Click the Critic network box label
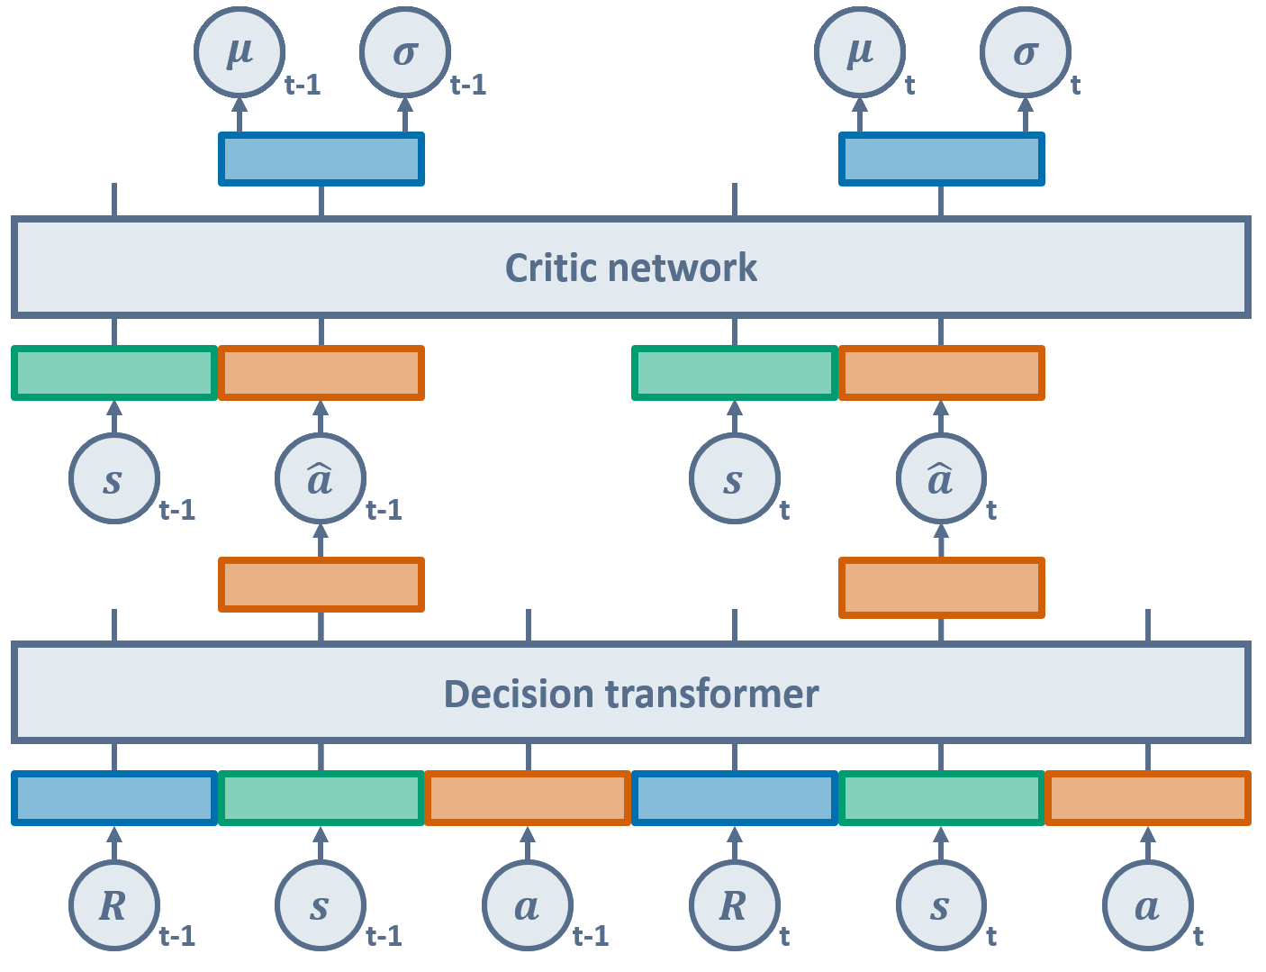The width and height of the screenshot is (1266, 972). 630,268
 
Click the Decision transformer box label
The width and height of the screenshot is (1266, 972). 630,695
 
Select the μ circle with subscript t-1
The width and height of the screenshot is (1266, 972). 240,52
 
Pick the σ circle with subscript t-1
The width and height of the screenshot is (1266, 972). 405,52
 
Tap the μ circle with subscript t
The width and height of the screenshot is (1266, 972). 860,52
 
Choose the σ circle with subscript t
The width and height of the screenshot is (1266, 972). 1026,52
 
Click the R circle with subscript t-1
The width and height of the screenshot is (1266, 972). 114,905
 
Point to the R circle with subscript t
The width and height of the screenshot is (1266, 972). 735,905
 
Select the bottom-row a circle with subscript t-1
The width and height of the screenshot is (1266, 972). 528,905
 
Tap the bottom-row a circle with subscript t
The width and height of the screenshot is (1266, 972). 1148,905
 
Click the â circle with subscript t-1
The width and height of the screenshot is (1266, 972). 321,478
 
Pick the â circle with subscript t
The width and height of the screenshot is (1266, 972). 941,478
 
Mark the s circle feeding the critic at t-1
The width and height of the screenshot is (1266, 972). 114,478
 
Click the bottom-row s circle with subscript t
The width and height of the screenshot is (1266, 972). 941,905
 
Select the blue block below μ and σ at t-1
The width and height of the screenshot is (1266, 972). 321,159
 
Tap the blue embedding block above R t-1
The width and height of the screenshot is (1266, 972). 114,798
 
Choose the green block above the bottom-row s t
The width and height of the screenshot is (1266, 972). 941,798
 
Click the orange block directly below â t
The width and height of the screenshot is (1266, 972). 941,588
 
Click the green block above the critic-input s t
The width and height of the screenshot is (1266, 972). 735,373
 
